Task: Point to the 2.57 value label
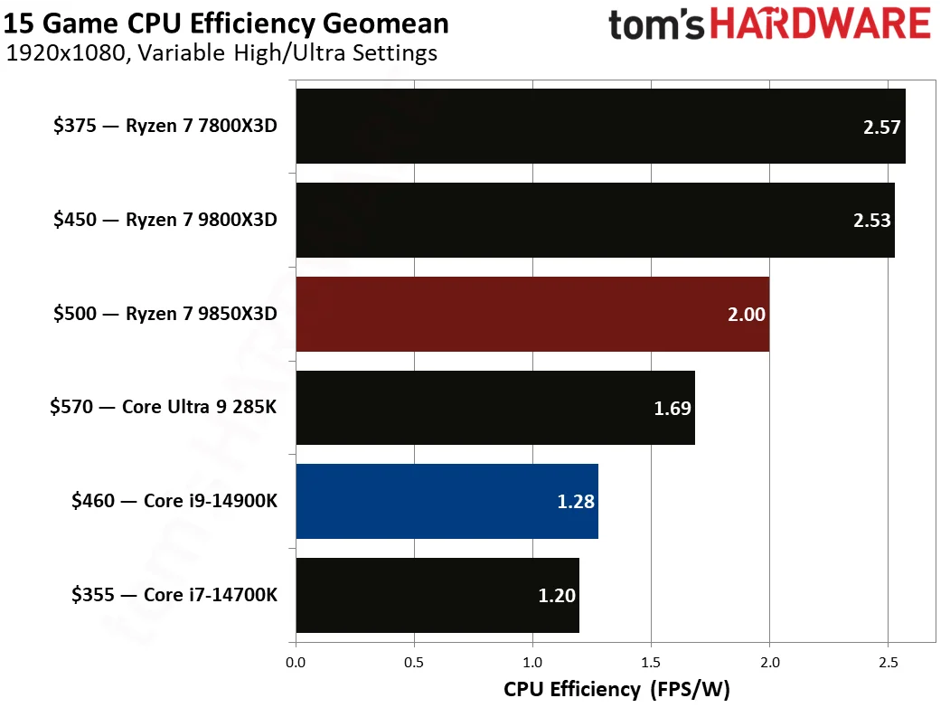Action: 882,127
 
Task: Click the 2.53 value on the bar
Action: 872,222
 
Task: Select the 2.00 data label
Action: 747,315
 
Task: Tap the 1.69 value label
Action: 673,409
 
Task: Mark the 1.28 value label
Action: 576,502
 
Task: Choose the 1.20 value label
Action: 557,595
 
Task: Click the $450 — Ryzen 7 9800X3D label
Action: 165,220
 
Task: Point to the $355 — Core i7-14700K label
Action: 174,594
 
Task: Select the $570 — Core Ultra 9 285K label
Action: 163,407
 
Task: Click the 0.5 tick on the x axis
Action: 414,663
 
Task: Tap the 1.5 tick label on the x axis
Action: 651,663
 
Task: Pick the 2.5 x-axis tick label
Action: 888,663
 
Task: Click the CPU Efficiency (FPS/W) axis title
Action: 616,690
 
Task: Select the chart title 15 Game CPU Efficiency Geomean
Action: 226,22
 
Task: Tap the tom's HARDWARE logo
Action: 769,24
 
